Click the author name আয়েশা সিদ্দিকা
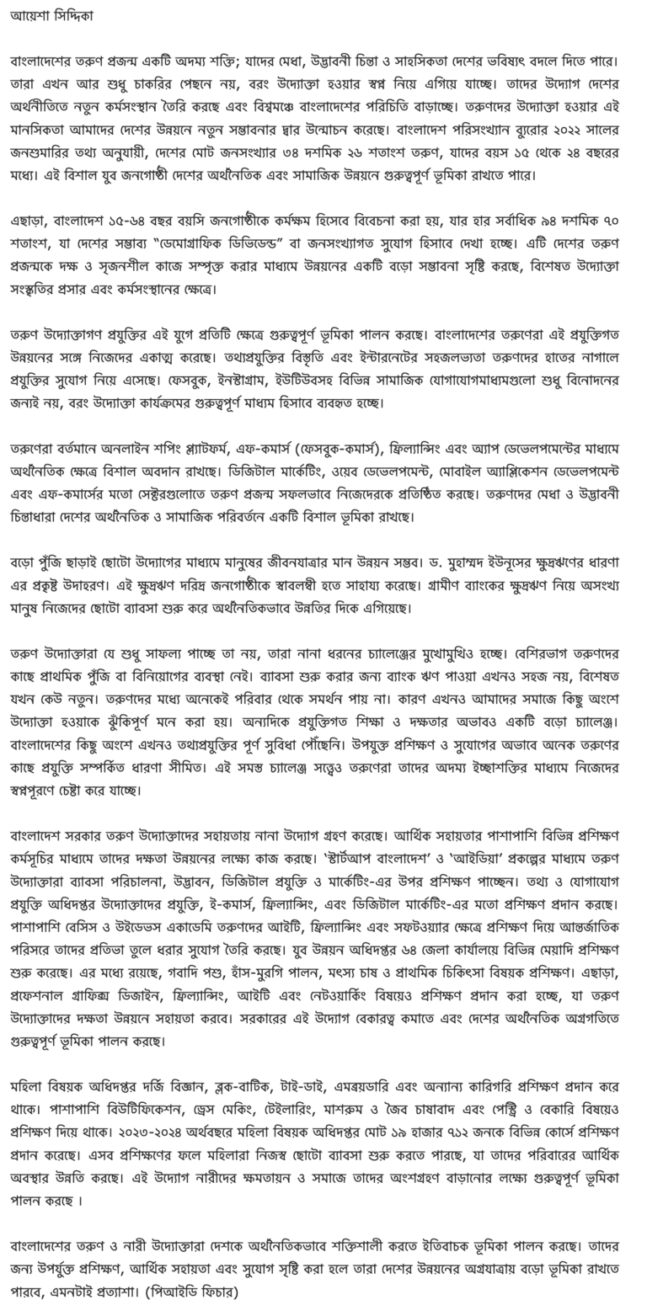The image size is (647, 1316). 51,15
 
